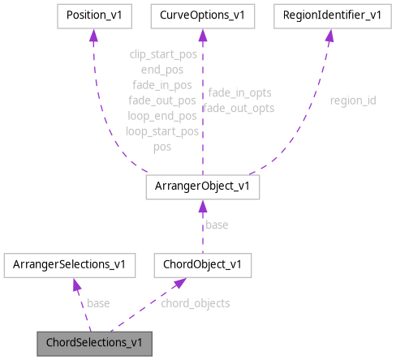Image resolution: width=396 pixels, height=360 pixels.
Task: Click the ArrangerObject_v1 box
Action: (202, 186)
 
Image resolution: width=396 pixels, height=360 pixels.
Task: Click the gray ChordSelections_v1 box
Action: (93, 342)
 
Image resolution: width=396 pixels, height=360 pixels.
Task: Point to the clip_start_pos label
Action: (162, 54)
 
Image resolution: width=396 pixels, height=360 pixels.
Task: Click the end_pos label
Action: (162, 70)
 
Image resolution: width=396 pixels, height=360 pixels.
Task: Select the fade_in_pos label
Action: (162, 85)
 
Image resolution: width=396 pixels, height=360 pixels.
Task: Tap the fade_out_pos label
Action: (162, 101)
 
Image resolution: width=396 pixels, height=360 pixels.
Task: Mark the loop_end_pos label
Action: (162, 116)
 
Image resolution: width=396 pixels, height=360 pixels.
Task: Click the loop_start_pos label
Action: (162, 131)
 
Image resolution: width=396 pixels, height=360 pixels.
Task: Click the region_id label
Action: (352, 101)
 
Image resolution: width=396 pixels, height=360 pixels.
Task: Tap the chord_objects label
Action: (195, 303)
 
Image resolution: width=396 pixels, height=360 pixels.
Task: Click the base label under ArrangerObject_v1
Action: (217, 225)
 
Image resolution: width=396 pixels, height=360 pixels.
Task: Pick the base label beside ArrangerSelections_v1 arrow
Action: (98, 303)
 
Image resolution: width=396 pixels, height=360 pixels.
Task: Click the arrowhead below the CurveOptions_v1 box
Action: (202, 36)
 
